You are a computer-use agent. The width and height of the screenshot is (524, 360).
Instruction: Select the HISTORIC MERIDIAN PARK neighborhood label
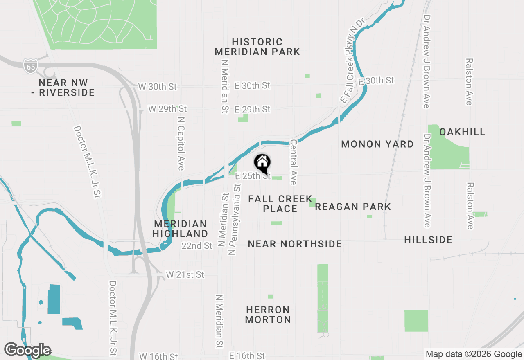[257, 47]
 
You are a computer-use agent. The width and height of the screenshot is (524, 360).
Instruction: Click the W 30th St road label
[157, 87]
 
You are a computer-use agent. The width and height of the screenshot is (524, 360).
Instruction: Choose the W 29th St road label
[167, 109]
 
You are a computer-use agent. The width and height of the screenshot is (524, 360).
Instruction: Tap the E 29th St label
[252, 109]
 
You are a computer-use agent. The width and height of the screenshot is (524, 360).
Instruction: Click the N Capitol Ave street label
[181, 143]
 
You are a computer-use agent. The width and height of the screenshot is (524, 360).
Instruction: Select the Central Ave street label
[294, 162]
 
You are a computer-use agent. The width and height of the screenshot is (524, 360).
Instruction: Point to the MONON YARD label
[377, 144]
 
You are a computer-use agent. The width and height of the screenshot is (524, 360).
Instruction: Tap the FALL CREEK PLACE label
[280, 204]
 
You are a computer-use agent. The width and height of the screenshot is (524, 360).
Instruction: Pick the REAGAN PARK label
[353, 207]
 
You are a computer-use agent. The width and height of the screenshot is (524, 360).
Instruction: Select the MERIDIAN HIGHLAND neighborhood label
[181, 229]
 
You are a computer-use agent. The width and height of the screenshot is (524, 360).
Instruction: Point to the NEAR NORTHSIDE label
[295, 244]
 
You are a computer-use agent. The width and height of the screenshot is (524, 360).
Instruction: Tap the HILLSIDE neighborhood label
[428, 240]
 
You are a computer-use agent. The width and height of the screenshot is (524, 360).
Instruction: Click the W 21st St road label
[185, 274]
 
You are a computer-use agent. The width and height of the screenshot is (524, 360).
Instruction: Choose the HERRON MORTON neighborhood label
[268, 315]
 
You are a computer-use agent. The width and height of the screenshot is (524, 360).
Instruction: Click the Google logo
[27, 350]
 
